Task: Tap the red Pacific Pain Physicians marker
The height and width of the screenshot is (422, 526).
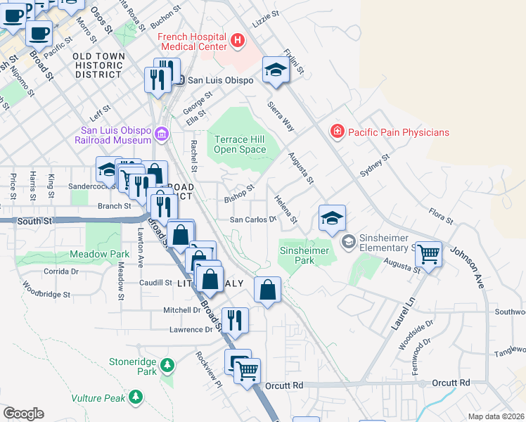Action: [338, 132]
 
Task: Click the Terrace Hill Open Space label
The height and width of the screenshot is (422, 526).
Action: [240, 144]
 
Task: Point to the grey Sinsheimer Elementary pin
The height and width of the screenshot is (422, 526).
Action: [347, 242]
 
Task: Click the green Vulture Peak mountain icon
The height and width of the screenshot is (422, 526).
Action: [136, 398]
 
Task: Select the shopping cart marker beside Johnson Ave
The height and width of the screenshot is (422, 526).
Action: [428, 253]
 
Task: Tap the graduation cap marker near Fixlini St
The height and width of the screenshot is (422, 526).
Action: [276, 70]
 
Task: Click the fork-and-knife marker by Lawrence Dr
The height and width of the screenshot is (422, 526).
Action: [235, 320]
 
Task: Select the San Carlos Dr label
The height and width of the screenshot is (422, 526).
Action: [253, 219]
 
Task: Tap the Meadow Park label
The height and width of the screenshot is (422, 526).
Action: [99, 253]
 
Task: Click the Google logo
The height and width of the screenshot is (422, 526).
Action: [23, 414]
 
